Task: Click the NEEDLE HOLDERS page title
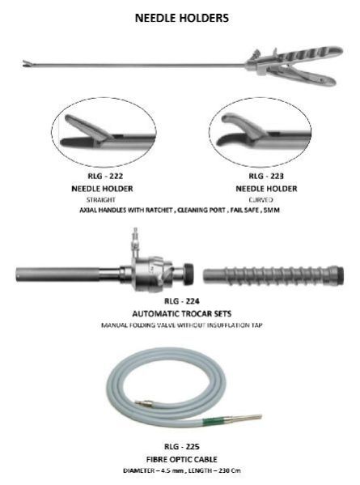[x=182, y=18]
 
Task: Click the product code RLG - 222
[x=105, y=176]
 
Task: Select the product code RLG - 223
[x=266, y=176]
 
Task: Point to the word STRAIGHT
[x=101, y=200]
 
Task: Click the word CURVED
[x=260, y=200]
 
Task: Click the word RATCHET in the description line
[x=159, y=210]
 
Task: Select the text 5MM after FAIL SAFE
[x=272, y=210]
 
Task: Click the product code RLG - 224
[x=182, y=301]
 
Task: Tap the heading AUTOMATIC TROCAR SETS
[x=182, y=313]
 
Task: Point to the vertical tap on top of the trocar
[x=135, y=243]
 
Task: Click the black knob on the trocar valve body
[x=188, y=273]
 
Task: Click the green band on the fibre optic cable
[x=213, y=421]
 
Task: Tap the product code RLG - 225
[x=182, y=447]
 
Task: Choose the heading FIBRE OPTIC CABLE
[x=182, y=459]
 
